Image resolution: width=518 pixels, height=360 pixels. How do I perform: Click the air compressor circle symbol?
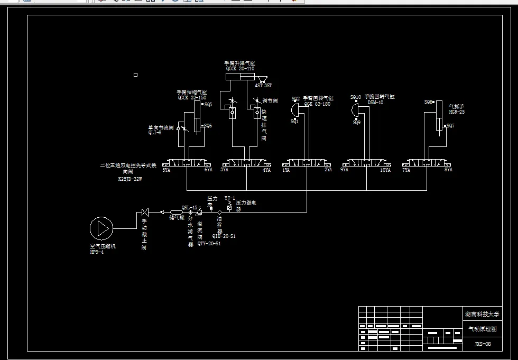coord(101,228)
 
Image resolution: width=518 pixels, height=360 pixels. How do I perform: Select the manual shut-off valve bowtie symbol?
coord(144,213)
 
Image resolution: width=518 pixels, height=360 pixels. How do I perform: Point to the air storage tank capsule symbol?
coord(176,213)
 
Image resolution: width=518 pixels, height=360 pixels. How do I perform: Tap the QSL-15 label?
coord(189,207)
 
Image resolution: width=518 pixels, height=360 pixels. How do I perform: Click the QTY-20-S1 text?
coord(209,244)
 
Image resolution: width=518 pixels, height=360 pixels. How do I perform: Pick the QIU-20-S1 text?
coord(224,236)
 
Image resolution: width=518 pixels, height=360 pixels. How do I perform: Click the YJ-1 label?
coord(229,198)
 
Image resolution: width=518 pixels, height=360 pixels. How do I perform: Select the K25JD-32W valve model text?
coord(130,179)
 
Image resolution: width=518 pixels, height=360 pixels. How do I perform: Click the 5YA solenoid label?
coord(166,170)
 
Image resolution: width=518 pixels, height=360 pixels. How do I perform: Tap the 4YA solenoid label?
coord(266,170)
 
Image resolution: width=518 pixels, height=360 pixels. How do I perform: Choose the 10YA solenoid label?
coord(385,170)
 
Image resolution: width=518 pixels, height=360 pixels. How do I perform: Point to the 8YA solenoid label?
coord(448,170)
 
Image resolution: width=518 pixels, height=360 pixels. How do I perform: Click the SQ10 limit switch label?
coord(356,97)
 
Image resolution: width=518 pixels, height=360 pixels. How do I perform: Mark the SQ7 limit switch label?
coord(450,126)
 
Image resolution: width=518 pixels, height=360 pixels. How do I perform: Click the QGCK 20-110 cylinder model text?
coord(240,68)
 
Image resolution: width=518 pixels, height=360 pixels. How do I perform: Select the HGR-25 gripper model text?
coord(457,112)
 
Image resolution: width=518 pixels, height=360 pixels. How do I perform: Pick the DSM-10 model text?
coord(375,103)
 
